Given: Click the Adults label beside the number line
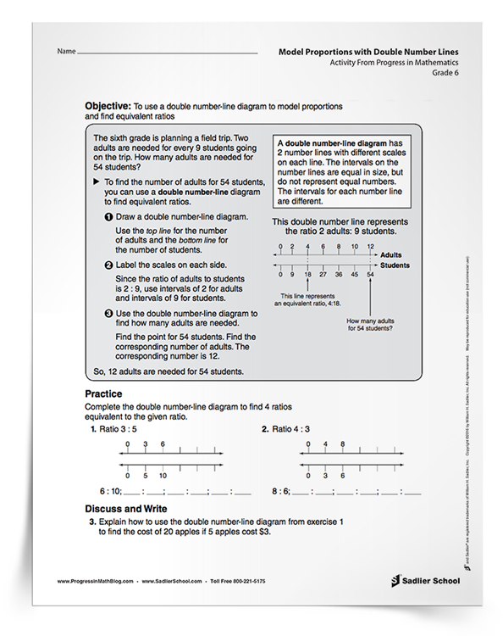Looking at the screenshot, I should tap(392, 254).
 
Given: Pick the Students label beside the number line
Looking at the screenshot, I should tap(395, 265).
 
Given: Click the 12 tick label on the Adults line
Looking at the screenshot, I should tap(369, 246).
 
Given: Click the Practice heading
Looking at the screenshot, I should tap(105, 394).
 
